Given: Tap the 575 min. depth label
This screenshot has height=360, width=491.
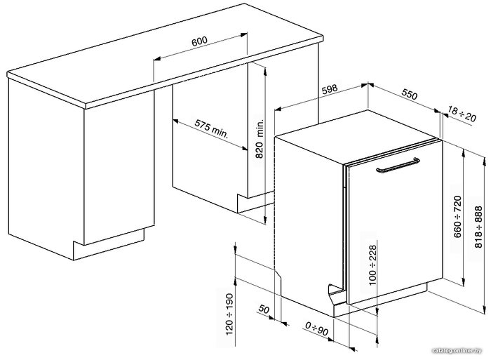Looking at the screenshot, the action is (x=212, y=128).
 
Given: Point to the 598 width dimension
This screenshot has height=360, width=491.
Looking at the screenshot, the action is (x=330, y=89).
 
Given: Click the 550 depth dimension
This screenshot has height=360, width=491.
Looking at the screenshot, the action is (x=410, y=94).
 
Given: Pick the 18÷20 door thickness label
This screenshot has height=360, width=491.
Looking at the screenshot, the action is (x=462, y=114).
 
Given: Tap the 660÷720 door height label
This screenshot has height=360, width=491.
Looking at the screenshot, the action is (x=457, y=217).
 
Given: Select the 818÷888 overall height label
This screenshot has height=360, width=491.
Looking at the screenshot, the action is (x=479, y=227).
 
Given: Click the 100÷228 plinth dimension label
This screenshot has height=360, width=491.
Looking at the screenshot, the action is (x=372, y=265).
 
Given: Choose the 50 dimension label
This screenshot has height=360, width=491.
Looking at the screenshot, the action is (x=264, y=309).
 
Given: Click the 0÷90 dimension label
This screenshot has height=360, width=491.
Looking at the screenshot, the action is (x=316, y=328).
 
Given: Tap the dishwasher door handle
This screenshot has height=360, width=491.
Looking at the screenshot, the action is (x=398, y=166).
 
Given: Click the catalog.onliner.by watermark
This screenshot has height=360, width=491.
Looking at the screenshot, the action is (x=457, y=351).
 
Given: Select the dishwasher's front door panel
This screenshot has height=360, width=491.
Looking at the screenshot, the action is (x=394, y=223).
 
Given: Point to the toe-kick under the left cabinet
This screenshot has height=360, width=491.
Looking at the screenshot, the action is (x=109, y=244).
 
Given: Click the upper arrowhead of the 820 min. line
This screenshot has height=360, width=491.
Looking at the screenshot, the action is (x=265, y=72).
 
